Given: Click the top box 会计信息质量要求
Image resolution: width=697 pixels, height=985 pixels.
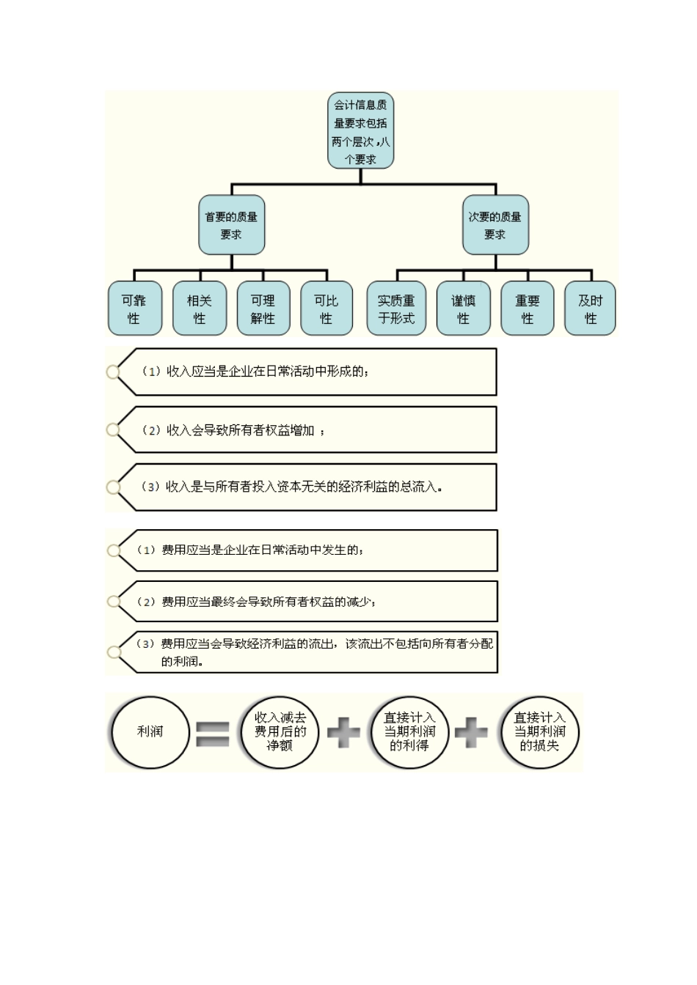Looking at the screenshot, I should [x=360, y=131].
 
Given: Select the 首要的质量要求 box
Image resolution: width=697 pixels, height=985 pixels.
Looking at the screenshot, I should [x=231, y=225].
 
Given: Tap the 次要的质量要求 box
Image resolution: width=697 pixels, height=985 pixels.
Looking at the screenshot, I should [x=495, y=225].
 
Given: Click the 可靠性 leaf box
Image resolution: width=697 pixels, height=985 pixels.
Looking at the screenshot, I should [x=134, y=309].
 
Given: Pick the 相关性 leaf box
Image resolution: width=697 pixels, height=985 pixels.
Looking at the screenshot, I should [x=199, y=309].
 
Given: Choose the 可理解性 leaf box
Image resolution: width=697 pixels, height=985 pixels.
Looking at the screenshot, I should [x=263, y=309].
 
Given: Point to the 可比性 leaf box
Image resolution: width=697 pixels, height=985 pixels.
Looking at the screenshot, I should [x=326, y=309].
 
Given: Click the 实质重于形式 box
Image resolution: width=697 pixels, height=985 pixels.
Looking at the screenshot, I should [x=396, y=309].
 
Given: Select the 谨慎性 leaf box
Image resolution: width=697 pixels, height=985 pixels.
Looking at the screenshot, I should [x=463, y=309].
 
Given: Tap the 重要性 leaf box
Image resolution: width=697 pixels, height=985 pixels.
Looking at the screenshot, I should [x=527, y=309].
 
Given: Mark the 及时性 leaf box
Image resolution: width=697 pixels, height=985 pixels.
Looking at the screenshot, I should [x=590, y=309].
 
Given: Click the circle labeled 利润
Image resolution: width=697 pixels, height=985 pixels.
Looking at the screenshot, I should [x=150, y=732].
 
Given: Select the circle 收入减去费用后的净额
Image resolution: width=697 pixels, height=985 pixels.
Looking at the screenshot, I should [x=280, y=732].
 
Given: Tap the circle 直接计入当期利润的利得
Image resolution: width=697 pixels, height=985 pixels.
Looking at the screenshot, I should [x=409, y=732].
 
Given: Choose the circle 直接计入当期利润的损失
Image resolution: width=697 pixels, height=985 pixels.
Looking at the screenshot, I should [x=539, y=732].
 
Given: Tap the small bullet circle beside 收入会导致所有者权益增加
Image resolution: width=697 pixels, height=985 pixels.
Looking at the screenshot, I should [x=113, y=429].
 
